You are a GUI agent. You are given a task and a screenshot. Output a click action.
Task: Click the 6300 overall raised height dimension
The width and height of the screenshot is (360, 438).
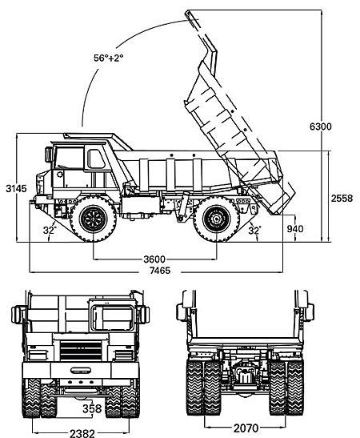tap(321, 127)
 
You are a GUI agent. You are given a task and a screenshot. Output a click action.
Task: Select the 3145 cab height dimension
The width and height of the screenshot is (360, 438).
tap(17, 188)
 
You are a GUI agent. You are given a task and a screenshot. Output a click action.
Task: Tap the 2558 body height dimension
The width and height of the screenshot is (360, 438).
tap(342, 198)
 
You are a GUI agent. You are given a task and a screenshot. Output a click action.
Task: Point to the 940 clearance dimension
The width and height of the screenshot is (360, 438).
tap(295, 229)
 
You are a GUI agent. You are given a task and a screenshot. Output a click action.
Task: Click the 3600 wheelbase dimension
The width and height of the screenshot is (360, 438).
tap(154, 259)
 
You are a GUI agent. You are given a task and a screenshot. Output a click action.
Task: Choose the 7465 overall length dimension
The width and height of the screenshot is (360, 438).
tap(160, 271)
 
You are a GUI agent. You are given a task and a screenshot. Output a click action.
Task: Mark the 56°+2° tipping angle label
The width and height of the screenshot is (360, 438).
tap(108, 58)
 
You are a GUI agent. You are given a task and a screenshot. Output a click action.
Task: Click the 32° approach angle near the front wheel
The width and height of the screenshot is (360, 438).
tap(50, 230)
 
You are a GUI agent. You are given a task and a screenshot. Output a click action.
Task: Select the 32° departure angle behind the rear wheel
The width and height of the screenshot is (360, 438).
tap(254, 230)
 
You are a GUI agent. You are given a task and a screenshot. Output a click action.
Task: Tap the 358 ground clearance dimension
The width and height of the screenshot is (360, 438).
tap(92, 408)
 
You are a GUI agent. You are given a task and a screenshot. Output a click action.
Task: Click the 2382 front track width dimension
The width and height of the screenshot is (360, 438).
tap(82, 433)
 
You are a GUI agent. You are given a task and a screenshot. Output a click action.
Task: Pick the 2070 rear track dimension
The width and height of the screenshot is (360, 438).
tap(246, 428)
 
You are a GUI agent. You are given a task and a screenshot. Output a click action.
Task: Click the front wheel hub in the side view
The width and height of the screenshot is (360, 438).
tap(94, 219)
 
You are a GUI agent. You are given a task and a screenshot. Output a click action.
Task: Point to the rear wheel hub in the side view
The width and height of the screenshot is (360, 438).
tap(216, 219)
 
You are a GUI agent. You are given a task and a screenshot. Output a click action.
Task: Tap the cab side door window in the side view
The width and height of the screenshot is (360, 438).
tap(96, 159)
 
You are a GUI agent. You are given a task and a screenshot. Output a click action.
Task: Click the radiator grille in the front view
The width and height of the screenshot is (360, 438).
tap(81, 350)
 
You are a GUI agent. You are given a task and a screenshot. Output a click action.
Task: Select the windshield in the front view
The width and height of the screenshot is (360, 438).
tap(113, 319)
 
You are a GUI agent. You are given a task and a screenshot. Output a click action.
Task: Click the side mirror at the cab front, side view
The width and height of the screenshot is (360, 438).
tap(50, 155)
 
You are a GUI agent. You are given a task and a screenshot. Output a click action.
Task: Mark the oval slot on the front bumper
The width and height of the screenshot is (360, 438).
tap(81, 371)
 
